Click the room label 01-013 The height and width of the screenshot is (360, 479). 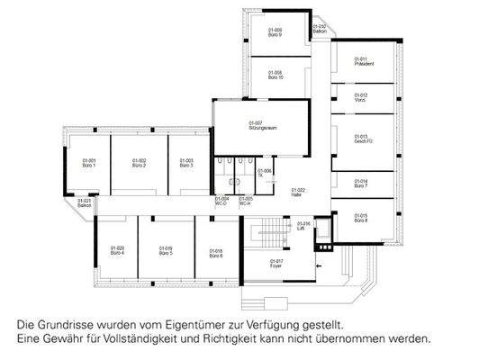362,138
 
